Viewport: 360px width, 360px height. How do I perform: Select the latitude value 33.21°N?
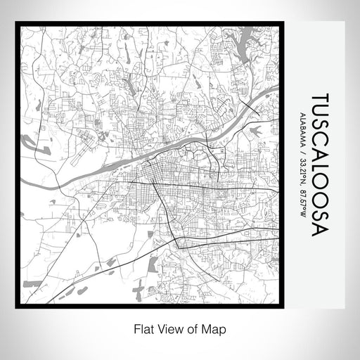pos(304,168)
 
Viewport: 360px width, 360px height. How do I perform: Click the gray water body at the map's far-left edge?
pos(29,143)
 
